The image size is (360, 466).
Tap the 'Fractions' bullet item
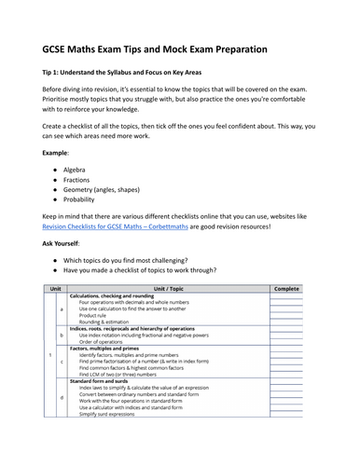77,185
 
